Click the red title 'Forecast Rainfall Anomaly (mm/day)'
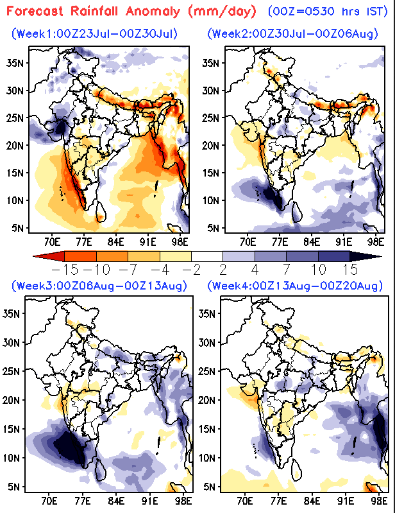[x=131, y=12]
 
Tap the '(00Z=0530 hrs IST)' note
[x=328, y=12]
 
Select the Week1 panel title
[x=95, y=33]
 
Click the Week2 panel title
[x=293, y=33]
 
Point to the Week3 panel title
[x=99, y=286]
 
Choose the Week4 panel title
[x=295, y=286]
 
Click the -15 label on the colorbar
[x=65, y=270]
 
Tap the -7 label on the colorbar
[x=128, y=270]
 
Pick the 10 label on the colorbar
[x=318, y=270]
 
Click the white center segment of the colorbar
[x=207, y=256]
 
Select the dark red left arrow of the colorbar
[x=49, y=256]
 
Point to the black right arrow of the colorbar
[x=366, y=256]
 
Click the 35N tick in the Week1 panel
[x=15, y=63]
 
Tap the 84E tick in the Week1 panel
[x=116, y=242]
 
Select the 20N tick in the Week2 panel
[x=211, y=145]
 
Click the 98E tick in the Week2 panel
[x=376, y=242]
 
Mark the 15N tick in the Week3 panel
[x=12, y=429]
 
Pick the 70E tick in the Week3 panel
[x=49, y=501]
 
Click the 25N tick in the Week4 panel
[x=207, y=371]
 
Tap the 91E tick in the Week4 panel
[x=346, y=501]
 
